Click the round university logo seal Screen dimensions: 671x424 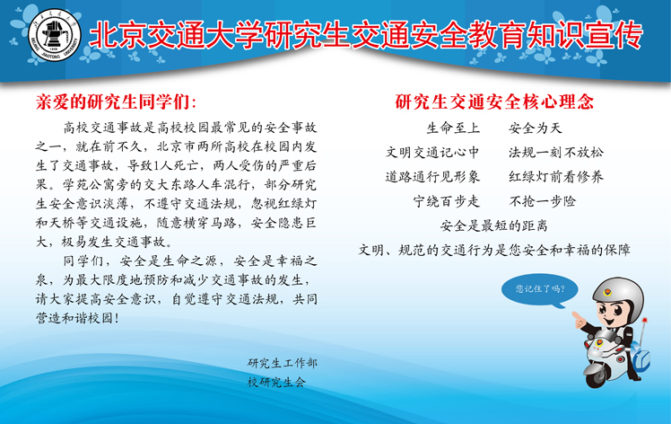coord(55,35)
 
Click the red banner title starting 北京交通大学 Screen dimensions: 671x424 coord(366,34)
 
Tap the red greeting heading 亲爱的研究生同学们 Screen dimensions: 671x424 coord(116,102)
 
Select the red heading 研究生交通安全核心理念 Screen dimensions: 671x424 coord(494,102)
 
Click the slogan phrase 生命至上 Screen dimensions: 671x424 coord(453,128)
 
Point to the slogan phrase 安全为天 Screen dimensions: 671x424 coord(535,128)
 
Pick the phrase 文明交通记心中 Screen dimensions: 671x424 coord(432,152)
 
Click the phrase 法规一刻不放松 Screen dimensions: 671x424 coord(556,152)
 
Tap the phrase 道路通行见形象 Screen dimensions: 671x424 coord(432,177)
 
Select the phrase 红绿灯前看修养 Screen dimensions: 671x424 coord(556,177)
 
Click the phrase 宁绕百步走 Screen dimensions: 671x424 coord(446,201)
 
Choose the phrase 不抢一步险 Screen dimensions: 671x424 coord(542,201)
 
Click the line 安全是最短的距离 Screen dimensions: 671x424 coord(494,225)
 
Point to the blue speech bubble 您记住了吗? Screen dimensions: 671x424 coord(540,289)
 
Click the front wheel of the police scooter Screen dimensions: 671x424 coord(596,377)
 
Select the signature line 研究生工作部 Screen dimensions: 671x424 coord(282,363)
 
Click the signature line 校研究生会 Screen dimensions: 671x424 coord(276,382)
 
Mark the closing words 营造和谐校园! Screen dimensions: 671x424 coord(77,318)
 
